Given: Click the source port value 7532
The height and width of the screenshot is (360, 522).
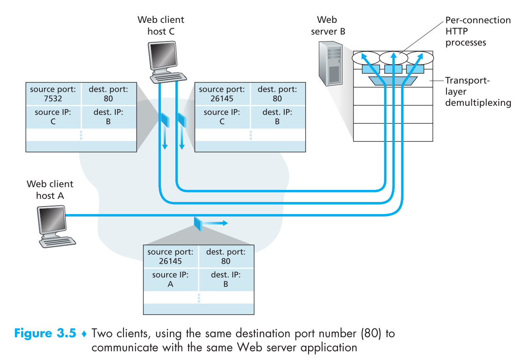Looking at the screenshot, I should (53, 99).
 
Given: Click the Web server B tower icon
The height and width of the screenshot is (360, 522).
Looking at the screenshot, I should (330, 64).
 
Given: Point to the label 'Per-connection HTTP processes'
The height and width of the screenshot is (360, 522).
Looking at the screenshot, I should (477, 31).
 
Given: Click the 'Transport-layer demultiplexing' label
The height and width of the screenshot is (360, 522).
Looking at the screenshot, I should (477, 91).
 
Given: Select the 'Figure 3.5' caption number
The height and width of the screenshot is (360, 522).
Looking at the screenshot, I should (45, 333).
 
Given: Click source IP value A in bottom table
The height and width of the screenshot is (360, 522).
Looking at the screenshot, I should (170, 284).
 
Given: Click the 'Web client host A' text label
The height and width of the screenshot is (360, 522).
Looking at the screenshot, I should (50, 190).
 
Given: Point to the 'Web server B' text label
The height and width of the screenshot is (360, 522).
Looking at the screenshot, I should (328, 25).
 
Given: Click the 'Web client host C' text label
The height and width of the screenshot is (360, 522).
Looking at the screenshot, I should (160, 25).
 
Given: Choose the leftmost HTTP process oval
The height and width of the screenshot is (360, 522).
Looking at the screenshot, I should (366, 58).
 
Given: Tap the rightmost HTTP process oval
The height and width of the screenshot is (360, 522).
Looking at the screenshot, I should (420, 58).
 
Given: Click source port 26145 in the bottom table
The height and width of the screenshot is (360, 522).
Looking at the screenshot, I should (170, 261).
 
